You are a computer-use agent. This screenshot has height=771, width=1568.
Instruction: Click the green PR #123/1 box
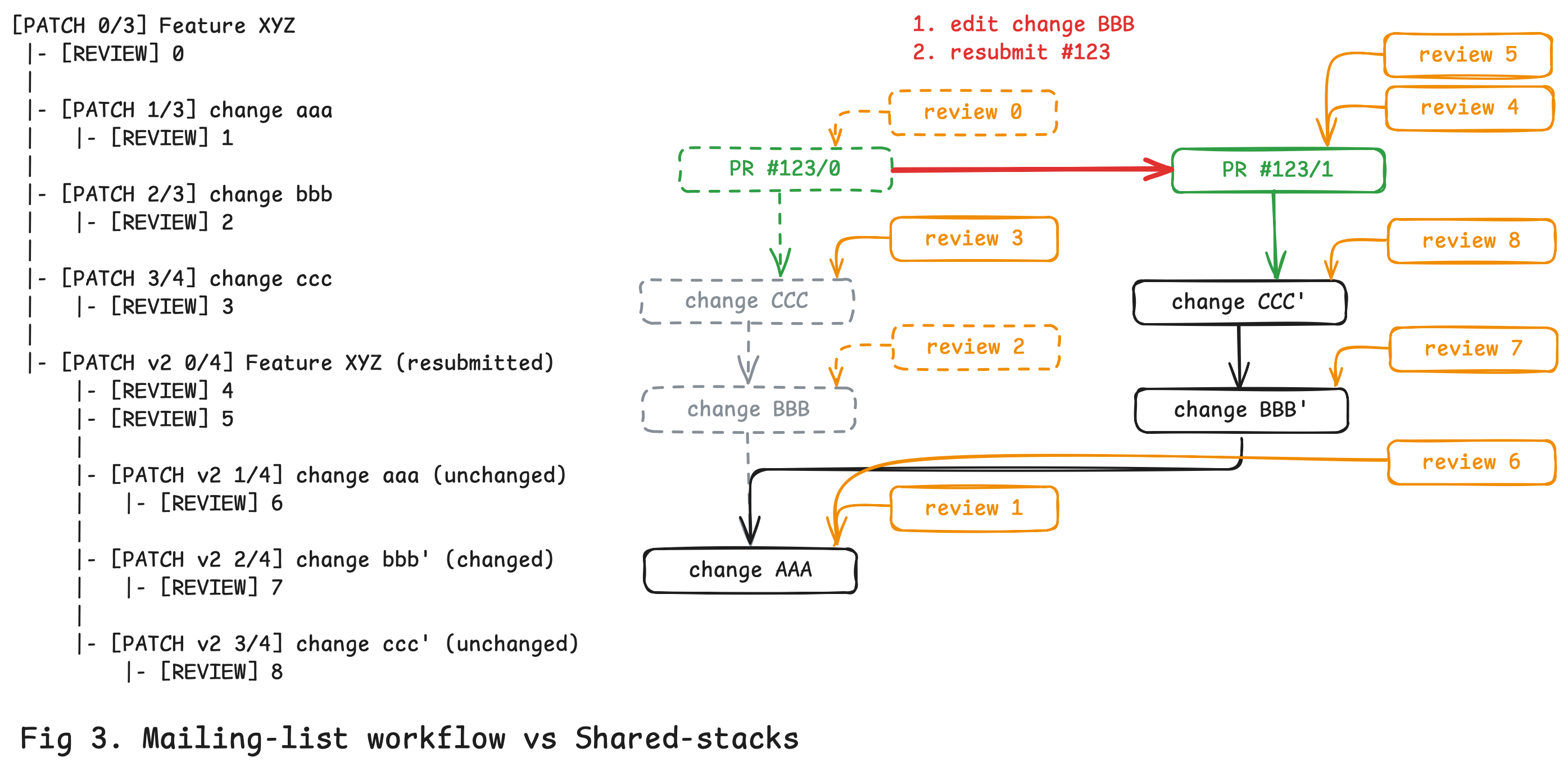(1277, 170)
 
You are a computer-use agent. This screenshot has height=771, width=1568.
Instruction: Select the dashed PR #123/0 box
(785, 169)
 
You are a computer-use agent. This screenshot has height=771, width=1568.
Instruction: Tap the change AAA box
(750, 570)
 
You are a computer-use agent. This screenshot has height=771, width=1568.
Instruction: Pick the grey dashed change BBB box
(749, 410)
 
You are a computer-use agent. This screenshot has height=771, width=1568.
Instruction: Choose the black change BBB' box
(1240, 410)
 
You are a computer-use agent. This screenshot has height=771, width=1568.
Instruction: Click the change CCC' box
(1239, 302)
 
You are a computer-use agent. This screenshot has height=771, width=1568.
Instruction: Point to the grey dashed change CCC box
(747, 301)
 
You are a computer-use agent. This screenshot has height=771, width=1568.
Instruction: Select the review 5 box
(1467, 55)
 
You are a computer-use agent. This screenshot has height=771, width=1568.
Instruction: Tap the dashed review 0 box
(973, 112)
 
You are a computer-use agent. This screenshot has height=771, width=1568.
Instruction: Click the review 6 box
(1471, 462)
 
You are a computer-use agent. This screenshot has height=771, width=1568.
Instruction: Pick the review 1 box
(974, 509)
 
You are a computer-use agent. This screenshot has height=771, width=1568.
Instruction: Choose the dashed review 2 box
(975, 347)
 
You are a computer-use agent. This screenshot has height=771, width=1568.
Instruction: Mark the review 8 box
(1471, 241)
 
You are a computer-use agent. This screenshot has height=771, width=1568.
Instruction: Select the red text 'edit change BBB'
(1041, 24)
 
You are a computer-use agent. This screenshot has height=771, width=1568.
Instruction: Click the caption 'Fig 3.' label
(70, 738)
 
